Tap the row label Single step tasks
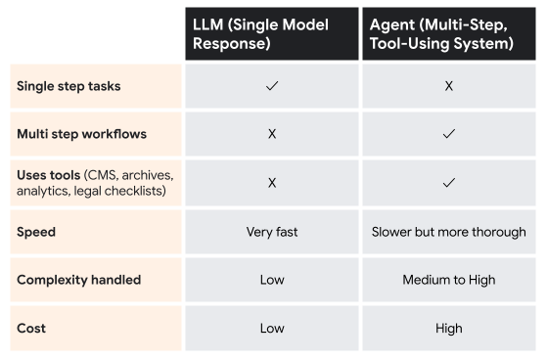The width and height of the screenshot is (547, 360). click(68, 86)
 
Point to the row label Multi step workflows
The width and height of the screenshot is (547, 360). click(80, 133)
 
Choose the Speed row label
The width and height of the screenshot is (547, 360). click(36, 233)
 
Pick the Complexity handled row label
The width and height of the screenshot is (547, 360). click(78, 280)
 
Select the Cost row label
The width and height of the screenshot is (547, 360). click(31, 328)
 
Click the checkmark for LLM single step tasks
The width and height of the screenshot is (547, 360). click(272, 86)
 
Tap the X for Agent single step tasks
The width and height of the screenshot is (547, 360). click(448, 86)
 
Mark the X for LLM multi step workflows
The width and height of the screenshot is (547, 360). click(272, 134)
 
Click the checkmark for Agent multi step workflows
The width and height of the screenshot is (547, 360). click(448, 134)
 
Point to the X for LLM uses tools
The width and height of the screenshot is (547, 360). click(272, 182)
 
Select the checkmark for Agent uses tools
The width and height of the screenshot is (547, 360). click(448, 182)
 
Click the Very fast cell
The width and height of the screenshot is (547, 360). click(272, 233)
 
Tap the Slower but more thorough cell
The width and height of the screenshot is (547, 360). click(448, 233)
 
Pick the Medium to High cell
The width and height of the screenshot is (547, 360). click(448, 280)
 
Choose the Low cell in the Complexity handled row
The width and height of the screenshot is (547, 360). click(272, 280)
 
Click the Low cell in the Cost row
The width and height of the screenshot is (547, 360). click(272, 328)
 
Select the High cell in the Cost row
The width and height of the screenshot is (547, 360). click(448, 328)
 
